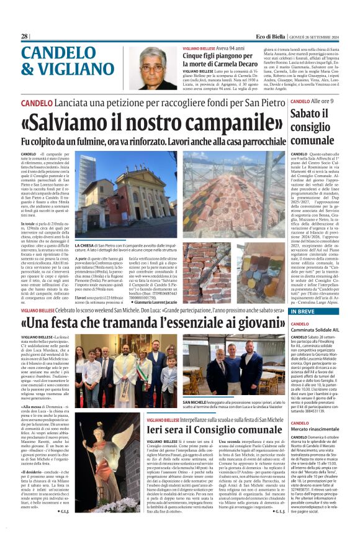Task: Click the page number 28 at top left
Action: click(x=25, y=37)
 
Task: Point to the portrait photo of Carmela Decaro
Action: click(x=150, y=69)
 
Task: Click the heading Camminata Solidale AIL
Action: click(x=315, y=330)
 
